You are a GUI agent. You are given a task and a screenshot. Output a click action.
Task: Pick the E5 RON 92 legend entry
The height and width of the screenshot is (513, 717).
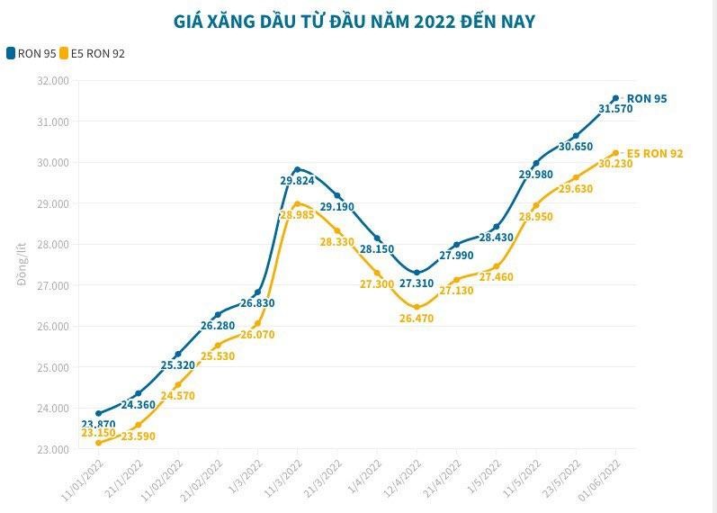tap(94, 53)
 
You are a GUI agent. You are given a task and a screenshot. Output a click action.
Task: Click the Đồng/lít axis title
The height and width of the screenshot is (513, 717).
tap(22, 265)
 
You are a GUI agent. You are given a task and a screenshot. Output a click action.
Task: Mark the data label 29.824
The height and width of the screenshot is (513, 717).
tap(297, 181)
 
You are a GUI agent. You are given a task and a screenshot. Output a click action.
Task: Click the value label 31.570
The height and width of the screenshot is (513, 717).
tap(615, 109)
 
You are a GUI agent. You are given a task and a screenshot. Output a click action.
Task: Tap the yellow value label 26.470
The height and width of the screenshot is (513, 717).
tap(417, 319)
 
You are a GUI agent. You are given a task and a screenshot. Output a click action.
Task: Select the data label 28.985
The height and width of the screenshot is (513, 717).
tap(297, 215)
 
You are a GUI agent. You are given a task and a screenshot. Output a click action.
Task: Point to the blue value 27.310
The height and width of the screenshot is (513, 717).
tap(417, 283)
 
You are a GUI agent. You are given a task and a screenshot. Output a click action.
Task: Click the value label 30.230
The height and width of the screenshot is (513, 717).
tap(615, 164)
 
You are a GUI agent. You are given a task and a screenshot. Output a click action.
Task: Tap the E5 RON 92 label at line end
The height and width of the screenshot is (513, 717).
tap(654, 153)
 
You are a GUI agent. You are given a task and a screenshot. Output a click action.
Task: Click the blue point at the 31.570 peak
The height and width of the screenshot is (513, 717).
tap(615, 98)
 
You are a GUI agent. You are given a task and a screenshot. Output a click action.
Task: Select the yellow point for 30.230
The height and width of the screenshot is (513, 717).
tap(615, 153)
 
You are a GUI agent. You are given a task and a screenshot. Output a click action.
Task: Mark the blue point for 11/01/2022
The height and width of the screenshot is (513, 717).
tap(98, 413)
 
